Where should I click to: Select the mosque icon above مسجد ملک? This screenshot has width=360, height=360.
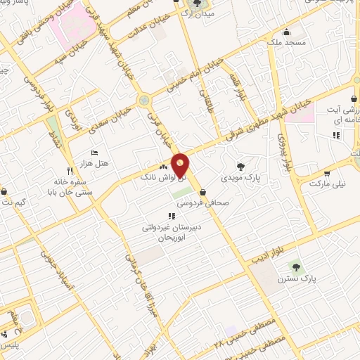[x=286, y=32]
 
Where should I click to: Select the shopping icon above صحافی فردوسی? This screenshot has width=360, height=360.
[x=203, y=191]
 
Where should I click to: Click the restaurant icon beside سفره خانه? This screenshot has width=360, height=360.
[x=69, y=171]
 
